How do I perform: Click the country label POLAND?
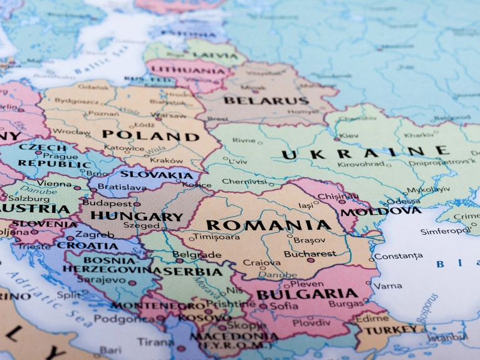(150, 136)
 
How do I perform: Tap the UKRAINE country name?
(365, 153)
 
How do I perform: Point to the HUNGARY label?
(137, 217)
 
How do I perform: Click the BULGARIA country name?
(307, 294)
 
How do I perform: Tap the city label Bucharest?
(310, 254)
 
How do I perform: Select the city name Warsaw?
(170, 115)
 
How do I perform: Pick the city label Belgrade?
(197, 255)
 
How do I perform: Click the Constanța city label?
(398, 256)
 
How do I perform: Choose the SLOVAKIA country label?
(157, 175)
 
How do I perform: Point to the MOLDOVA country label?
(389, 211)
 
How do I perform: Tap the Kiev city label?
(349, 135)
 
